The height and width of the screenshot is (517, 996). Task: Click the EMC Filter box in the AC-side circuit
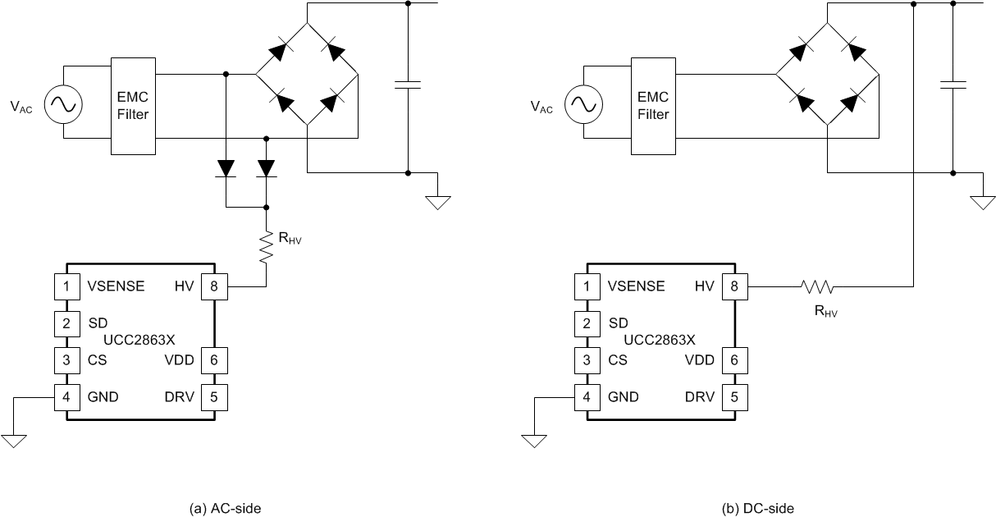click(x=132, y=106)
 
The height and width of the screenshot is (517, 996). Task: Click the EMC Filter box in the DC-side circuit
click(x=653, y=106)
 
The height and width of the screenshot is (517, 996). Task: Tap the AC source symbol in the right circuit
click(x=584, y=105)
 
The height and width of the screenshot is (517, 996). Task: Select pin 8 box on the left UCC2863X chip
click(x=214, y=286)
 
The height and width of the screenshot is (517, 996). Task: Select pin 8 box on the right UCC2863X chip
click(x=734, y=286)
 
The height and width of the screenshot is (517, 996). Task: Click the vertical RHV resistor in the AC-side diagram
click(x=267, y=246)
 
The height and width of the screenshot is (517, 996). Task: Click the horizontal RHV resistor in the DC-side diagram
click(x=817, y=286)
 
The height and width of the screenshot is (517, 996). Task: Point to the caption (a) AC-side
click(x=225, y=508)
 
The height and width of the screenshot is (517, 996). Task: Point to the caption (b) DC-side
click(x=758, y=508)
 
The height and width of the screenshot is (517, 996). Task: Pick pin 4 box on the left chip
click(x=66, y=397)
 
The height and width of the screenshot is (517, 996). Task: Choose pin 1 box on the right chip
click(x=587, y=286)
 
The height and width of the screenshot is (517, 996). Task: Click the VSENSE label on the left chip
click(x=117, y=286)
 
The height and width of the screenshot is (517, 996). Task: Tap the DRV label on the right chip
click(x=700, y=397)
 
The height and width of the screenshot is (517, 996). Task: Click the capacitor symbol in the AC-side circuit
click(x=408, y=85)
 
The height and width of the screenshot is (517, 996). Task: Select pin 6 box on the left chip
click(x=214, y=360)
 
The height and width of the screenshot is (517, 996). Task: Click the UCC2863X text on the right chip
click(x=659, y=339)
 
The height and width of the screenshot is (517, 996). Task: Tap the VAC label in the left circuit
click(x=21, y=107)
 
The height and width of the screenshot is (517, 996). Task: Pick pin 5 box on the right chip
click(x=734, y=397)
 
